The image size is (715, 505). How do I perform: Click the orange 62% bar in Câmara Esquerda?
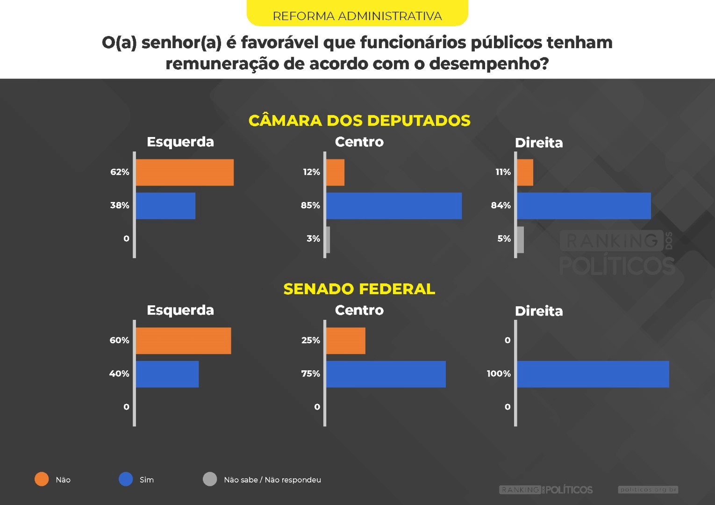(x=185, y=173)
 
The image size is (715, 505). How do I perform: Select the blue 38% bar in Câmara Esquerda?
(x=165, y=206)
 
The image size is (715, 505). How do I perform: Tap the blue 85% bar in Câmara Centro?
(x=393, y=206)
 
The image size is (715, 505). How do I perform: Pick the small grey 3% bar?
(x=328, y=239)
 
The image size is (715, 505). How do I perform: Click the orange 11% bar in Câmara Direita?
(x=525, y=173)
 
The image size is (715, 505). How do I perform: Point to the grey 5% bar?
(x=521, y=239)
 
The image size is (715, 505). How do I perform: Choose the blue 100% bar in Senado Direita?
(x=593, y=374)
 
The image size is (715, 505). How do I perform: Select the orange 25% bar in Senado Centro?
(x=346, y=341)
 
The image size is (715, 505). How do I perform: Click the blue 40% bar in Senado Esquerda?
(x=167, y=374)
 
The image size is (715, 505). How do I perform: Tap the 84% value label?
(x=500, y=205)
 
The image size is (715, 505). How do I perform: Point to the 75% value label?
(x=310, y=374)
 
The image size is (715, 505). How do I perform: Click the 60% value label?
(x=119, y=340)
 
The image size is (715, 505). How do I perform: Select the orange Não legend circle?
(x=42, y=479)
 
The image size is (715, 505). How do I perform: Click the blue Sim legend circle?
(x=126, y=479)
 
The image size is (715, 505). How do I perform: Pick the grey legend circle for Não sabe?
(x=210, y=479)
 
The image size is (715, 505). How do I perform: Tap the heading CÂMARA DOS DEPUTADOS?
(x=359, y=121)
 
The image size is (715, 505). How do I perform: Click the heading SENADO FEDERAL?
(x=359, y=289)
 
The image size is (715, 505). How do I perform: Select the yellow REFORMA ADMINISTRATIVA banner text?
(x=357, y=16)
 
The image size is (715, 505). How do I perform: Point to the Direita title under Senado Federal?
(x=539, y=311)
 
